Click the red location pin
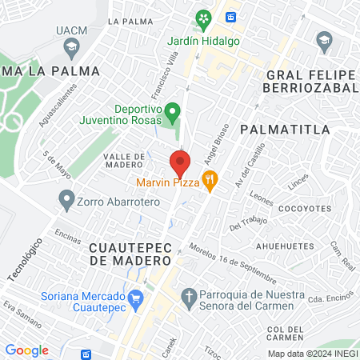click(x=180, y=164)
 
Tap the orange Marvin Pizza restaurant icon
click(x=210, y=182)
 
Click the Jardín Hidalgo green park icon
click(x=203, y=19)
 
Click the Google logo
click(x=27, y=350)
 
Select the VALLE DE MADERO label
click(x=125, y=161)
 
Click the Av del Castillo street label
click(x=250, y=169)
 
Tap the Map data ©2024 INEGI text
click(x=312, y=354)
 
